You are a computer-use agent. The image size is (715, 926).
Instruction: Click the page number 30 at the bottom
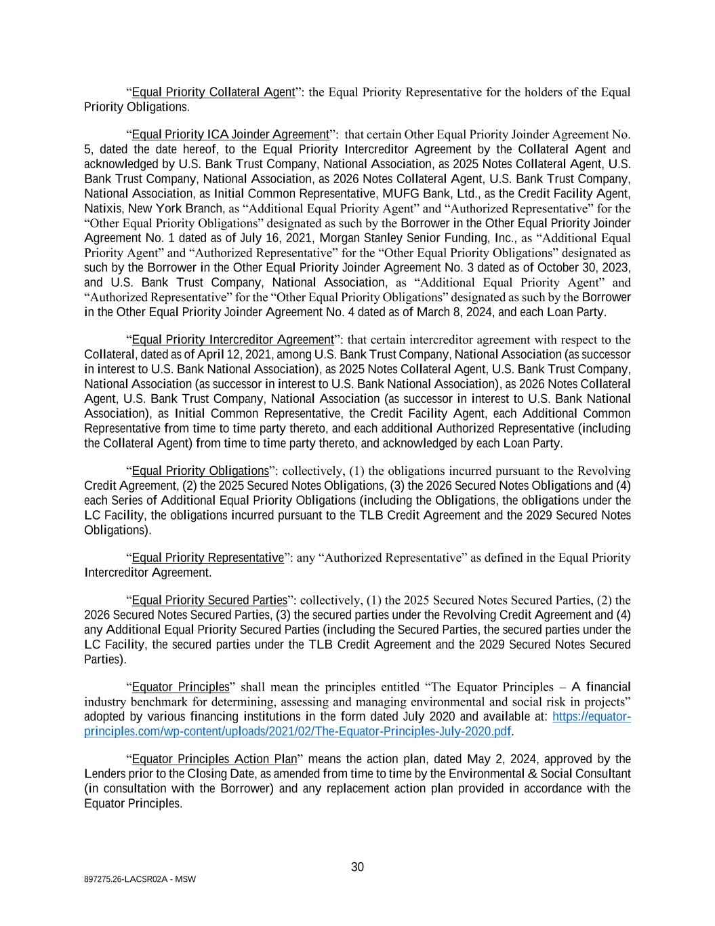click(357, 867)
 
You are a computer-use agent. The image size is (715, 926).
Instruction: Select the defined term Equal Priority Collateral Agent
click(213, 92)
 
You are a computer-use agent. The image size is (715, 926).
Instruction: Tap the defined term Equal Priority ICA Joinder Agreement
click(230, 134)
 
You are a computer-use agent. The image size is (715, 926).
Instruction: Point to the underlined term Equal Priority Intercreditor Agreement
click(232, 340)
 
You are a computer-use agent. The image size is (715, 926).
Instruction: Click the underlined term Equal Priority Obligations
click(200, 471)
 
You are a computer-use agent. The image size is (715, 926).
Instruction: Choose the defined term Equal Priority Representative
click(207, 558)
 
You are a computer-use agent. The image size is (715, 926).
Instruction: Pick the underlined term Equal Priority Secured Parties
click(209, 600)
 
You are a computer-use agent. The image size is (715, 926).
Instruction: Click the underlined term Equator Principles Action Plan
click(213, 759)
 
